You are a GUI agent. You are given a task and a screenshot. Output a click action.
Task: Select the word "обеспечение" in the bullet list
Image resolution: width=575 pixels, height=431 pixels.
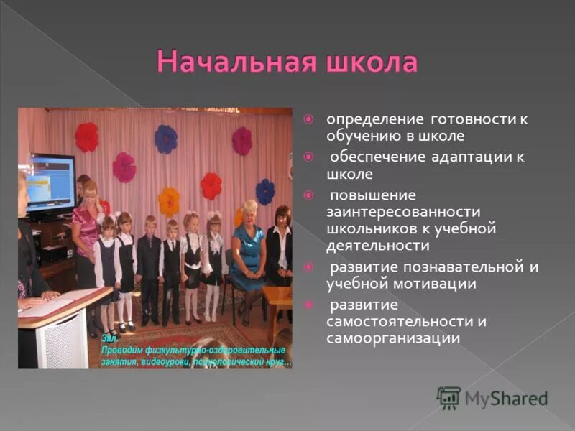click(372, 157)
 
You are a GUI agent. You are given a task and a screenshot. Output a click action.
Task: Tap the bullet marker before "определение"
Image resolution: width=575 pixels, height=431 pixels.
click(308, 119)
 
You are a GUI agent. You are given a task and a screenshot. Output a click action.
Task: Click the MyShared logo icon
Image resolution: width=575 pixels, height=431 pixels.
click(448, 397)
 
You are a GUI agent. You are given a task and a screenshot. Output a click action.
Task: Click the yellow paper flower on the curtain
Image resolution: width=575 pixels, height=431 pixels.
click(170, 200)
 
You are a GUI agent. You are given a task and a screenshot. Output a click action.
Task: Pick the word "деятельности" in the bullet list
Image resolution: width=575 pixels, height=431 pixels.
click(378, 246)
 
